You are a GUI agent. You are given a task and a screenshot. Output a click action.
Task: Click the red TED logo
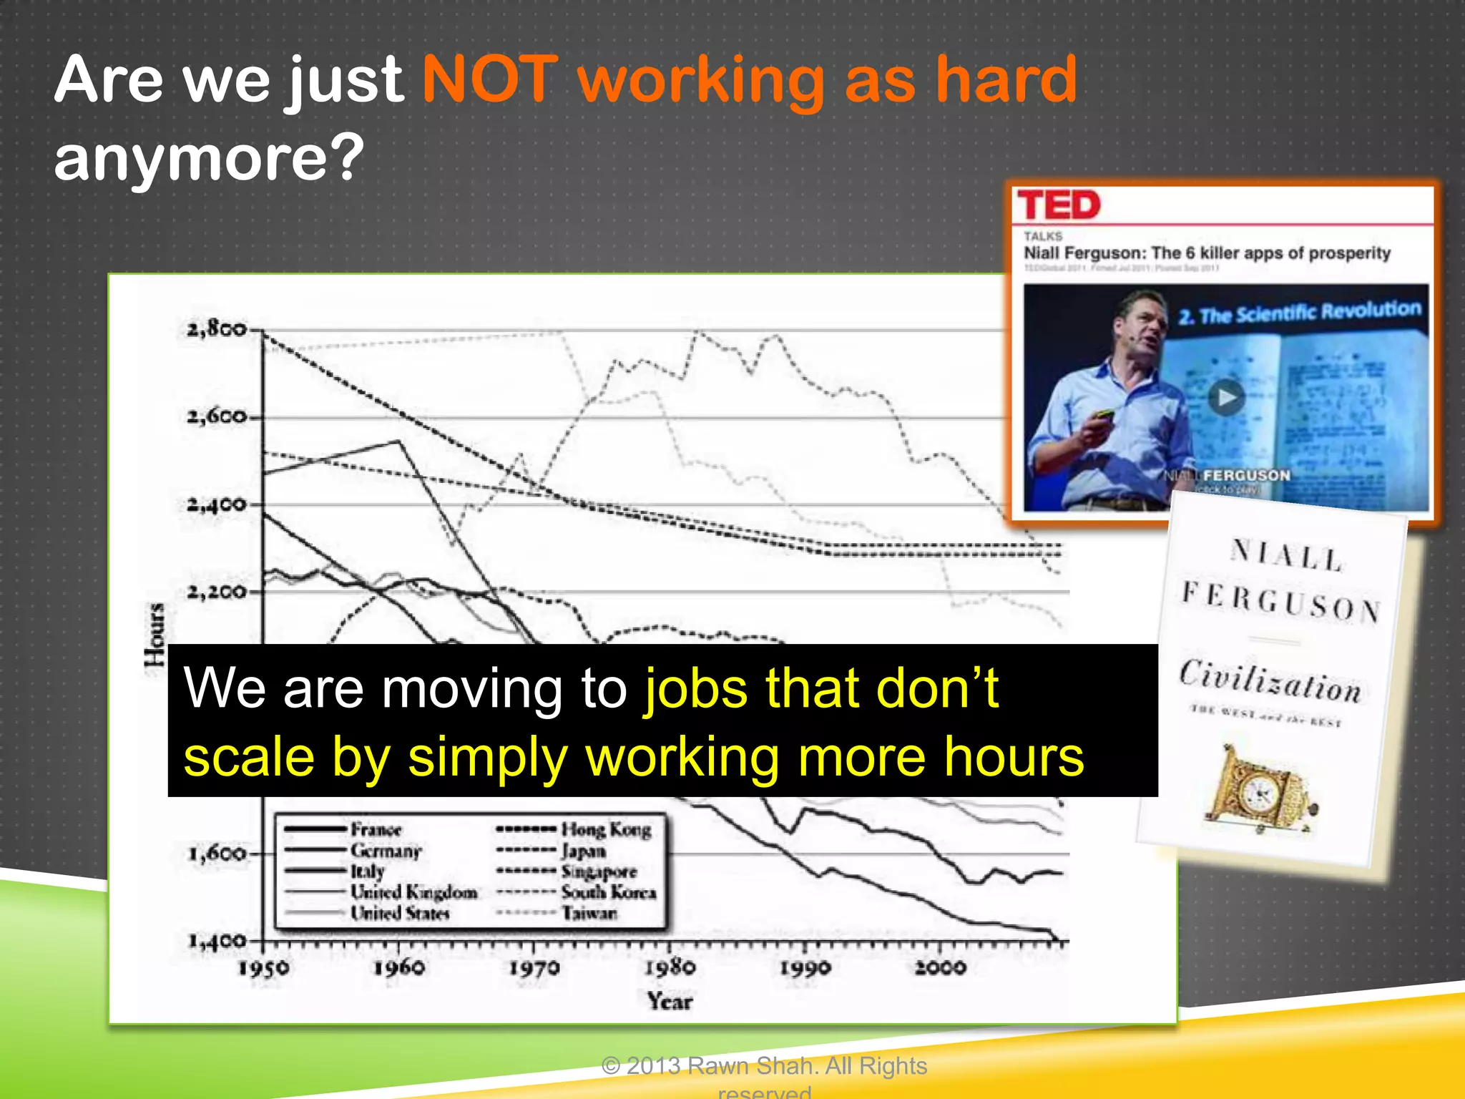1058,205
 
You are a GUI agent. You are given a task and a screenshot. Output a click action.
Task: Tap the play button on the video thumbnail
1226,397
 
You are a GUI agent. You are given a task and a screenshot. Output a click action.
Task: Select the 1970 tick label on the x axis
534,968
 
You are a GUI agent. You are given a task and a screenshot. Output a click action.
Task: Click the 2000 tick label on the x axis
940,968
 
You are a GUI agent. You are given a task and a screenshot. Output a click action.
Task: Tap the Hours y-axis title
155,634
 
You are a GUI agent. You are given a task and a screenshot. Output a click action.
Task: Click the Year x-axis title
670,1001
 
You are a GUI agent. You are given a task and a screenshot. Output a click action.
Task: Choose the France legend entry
376,830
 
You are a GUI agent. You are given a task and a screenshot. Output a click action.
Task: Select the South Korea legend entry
608,892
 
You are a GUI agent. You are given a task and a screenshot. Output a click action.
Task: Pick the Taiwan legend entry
589,913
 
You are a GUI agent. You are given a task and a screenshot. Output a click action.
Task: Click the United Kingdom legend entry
413,892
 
